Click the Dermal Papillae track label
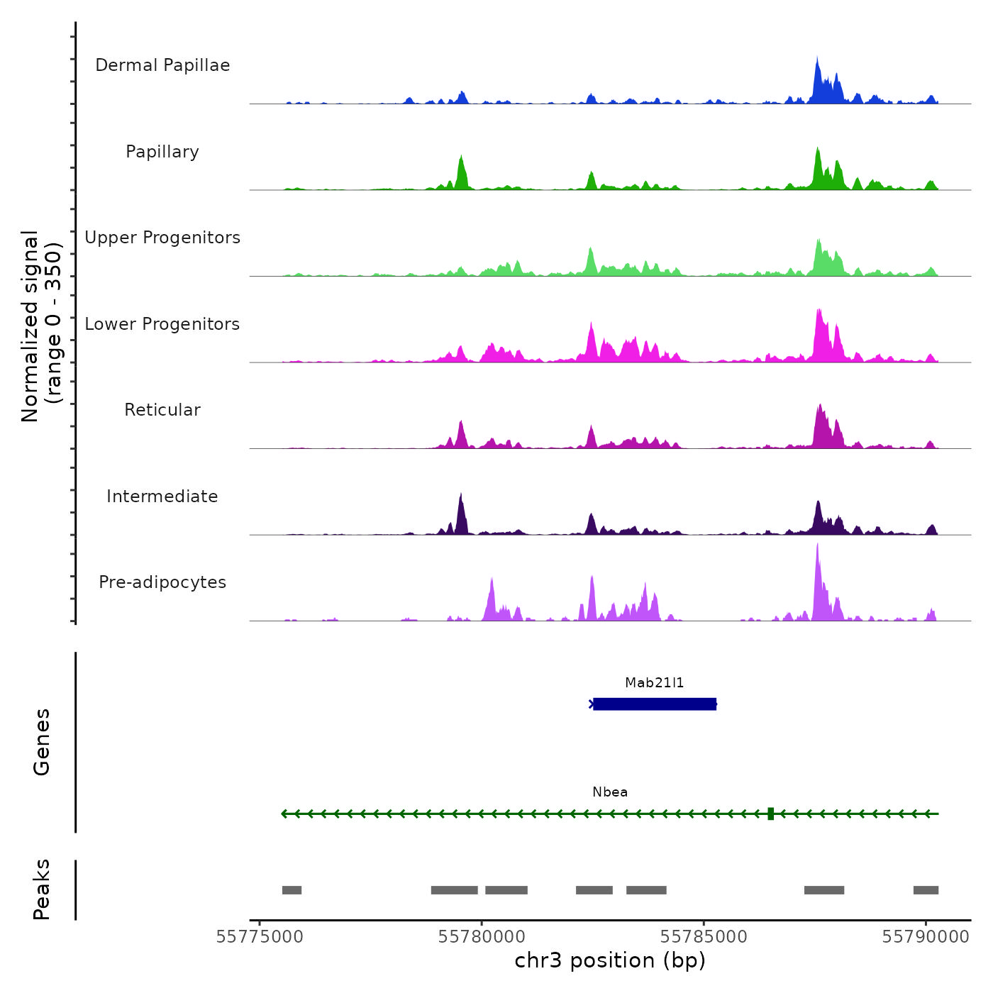(x=162, y=65)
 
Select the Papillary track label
(x=162, y=152)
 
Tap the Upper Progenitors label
(x=162, y=238)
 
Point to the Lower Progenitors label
(x=162, y=324)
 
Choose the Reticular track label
(x=162, y=410)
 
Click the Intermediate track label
(x=162, y=496)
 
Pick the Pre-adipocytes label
(x=162, y=582)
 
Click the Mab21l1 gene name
(x=654, y=683)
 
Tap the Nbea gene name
(x=610, y=792)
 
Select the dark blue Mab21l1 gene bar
(x=654, y=704)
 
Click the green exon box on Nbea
(x=770, y=814)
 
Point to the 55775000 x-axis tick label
(x=260, y=937)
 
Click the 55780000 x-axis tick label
(x=482, y=937)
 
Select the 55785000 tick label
(x=704, y=937)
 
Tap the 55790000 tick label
(x=926, y=937)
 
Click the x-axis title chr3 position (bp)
(x=610, y=961)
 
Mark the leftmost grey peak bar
(x=292, y=890)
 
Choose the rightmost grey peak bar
(x=926, y=890)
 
